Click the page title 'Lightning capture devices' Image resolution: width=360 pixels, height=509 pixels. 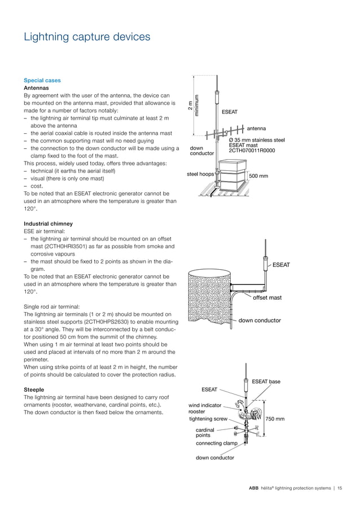click(87, 37)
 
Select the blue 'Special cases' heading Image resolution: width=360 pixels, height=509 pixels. click(42, 80)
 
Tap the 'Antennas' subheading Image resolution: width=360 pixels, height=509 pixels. click(36, 88)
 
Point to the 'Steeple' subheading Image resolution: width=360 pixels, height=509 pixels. click(34, 389)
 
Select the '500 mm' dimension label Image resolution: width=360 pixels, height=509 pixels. click(258, 176)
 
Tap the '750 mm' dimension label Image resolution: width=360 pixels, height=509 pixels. click(275, 419)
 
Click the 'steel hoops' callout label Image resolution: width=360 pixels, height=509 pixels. click(200, 174)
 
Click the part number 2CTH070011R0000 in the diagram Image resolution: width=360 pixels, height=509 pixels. click(252, 151)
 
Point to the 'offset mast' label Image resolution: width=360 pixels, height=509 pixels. click(267, 297)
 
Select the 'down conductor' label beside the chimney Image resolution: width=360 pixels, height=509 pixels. click(260, 321)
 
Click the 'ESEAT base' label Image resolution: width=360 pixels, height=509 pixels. click(266, 382)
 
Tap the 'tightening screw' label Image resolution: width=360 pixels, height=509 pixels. click(208, 419)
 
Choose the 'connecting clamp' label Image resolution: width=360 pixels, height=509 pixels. click(217, 444)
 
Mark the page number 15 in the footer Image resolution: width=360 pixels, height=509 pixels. click(340, 488)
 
